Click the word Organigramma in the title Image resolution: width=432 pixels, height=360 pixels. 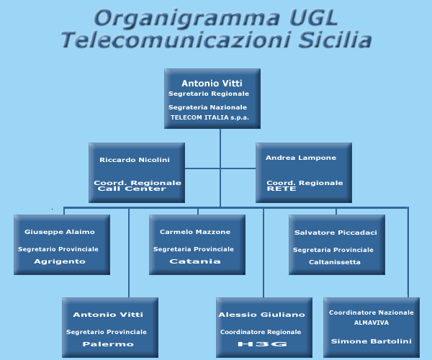point(187,19)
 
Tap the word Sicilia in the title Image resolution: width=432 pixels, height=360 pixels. point(335,40)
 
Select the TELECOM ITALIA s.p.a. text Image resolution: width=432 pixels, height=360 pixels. point(210,117)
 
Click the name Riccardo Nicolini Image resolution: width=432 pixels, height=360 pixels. point(135,160)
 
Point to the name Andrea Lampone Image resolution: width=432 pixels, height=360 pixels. point(301,158)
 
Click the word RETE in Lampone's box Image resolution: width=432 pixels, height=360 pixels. point(282,189)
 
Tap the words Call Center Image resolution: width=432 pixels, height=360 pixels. point(132,189)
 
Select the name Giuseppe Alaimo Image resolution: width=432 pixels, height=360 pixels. point(60,232)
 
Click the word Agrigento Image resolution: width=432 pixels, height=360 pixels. point(60,261)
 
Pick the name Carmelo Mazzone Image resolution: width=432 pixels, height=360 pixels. point(195,232)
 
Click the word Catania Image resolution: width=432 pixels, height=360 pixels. point(195,261)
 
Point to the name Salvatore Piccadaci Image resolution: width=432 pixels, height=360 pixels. point(336,233)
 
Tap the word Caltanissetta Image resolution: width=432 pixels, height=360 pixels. point(335,262)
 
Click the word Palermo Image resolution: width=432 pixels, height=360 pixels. point(108,344)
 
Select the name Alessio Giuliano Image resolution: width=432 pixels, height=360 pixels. point(261,315)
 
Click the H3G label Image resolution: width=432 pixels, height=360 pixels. point(262,344)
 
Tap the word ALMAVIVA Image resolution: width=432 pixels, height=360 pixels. point(372,323)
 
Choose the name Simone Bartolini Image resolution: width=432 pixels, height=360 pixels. point(371,341)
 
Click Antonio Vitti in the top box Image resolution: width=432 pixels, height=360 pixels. point(212,84)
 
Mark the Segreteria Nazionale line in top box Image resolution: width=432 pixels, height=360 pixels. point(207,107)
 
